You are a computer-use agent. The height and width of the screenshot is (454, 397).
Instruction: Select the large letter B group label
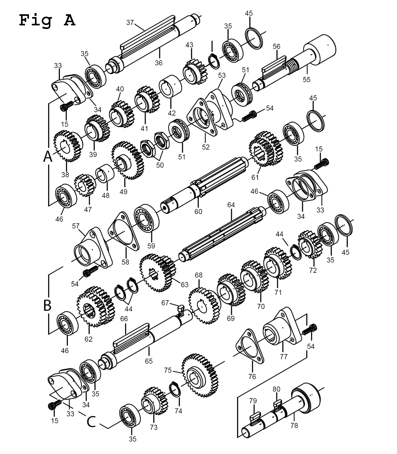pyautogui.click(x=47, y=306)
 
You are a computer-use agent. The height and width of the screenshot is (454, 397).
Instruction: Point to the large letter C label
pyautogui.click(x=91, y=421)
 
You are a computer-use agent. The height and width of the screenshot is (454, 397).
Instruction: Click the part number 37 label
pyautogui.click(x=130, y=23)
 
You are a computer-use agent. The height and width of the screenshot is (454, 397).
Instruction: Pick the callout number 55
pyautogui.click(x=306, y=79)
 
